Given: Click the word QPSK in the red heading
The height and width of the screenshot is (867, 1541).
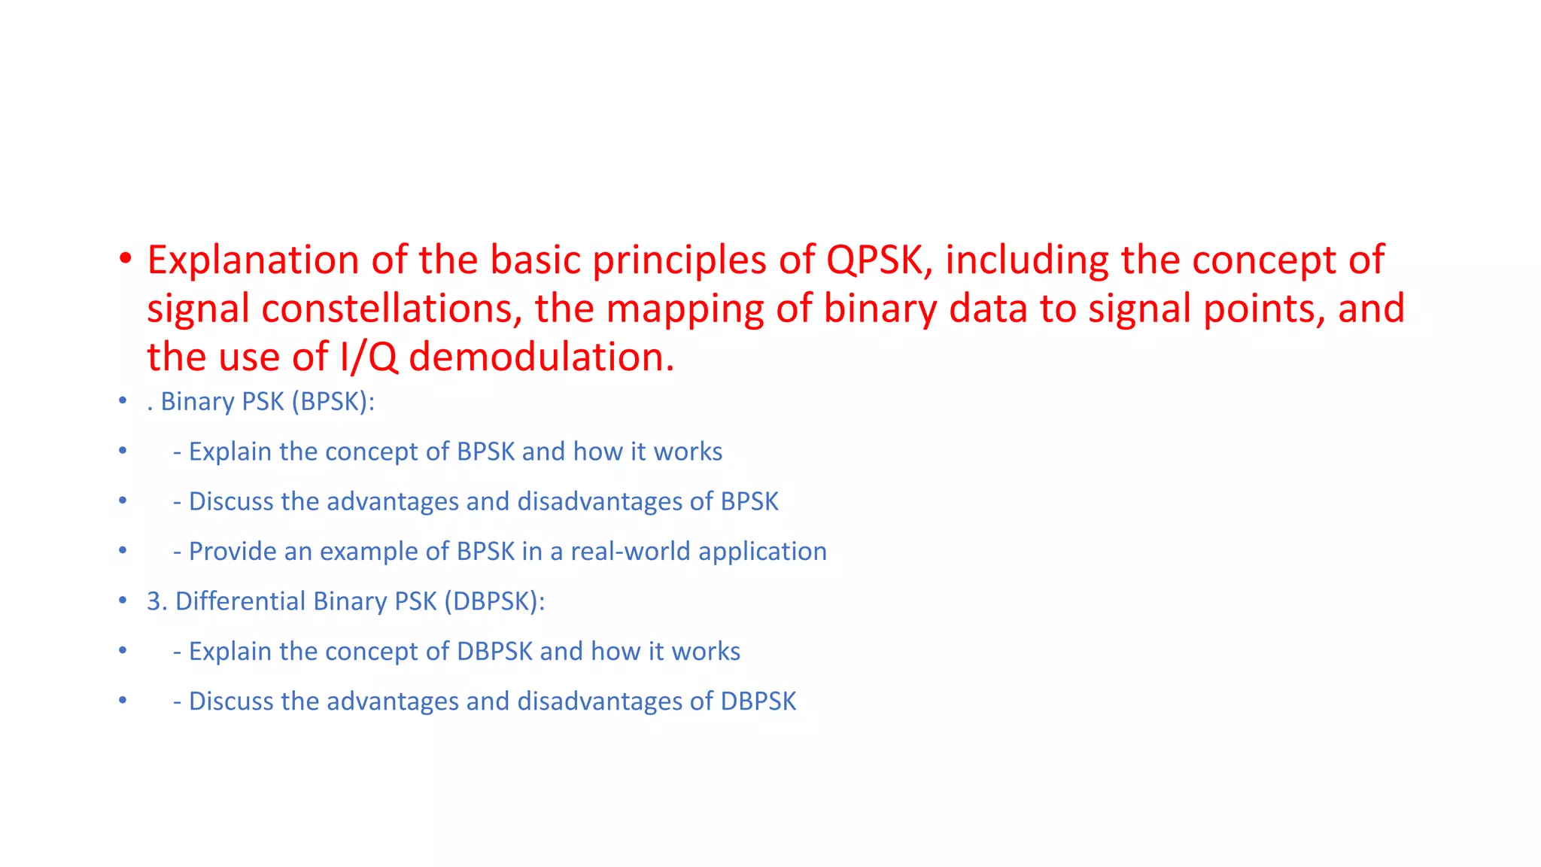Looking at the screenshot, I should (x=874, y=260).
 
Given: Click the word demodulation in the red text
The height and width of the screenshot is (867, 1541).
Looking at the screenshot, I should (x=542, y=357).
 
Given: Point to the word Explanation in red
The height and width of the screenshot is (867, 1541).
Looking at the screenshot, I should (x=253, y=260).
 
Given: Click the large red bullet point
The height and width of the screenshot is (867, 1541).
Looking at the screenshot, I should (x=125, y=259).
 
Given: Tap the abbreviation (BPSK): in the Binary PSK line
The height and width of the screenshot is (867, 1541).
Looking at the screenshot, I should (x=333, y=402).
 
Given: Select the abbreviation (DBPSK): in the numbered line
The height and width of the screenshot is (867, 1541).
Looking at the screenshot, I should (x=494, y=601).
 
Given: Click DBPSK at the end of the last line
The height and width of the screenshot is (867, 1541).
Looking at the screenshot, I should (x=758, y=701).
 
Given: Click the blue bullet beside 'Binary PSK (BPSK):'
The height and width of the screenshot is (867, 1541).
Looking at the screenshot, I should (x=123, y=401).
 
